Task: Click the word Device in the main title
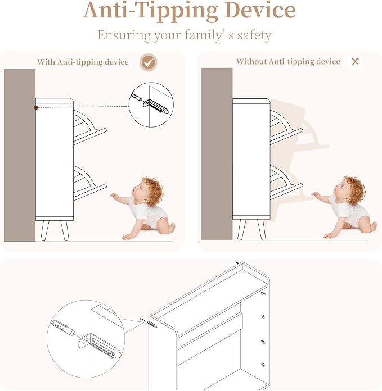point(260,10)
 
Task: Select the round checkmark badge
point(149,62)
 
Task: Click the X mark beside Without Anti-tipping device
point(355,62)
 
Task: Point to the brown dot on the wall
point(36,107)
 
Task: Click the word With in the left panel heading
point(46,62)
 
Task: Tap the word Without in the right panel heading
point(251,61)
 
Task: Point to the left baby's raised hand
point(114,197)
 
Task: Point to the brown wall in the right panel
point(217,154)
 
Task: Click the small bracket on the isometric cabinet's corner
point(151,324)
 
